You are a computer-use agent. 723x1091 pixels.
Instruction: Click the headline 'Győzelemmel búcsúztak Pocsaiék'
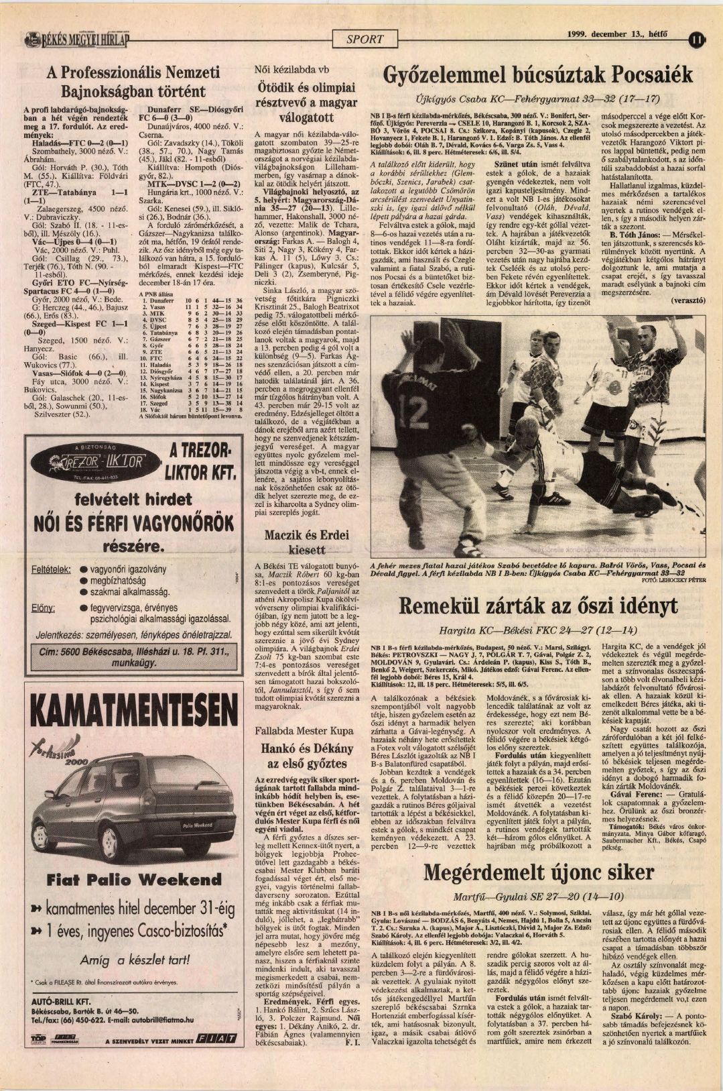click(x=538, y=74)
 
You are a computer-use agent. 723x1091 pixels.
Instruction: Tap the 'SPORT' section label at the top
click(x=365, y=39)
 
